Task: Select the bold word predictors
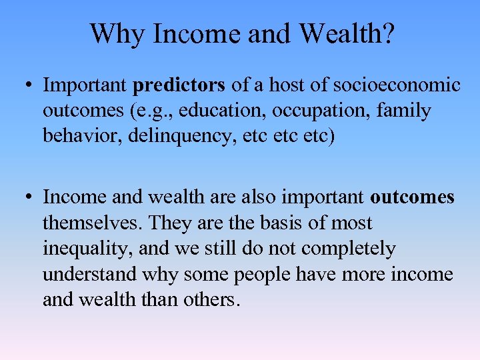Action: [180, 85]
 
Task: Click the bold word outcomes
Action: [412, 197]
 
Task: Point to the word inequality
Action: [85, 249]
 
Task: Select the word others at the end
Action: [213, 299]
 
